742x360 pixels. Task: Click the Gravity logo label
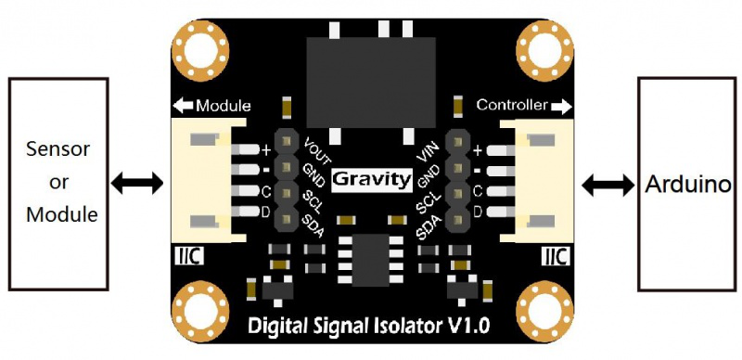point(371,177)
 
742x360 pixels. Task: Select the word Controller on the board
point(511,105)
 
